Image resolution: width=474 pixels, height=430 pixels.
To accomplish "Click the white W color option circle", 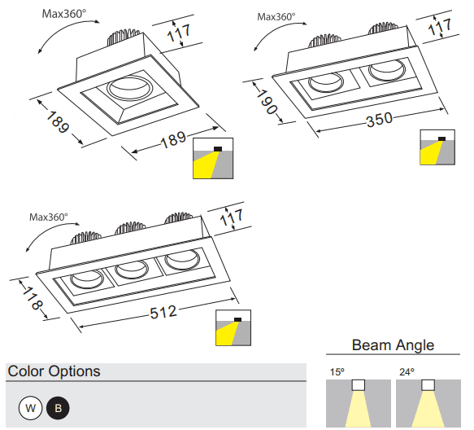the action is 30,408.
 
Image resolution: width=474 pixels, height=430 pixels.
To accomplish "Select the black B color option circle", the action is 58,408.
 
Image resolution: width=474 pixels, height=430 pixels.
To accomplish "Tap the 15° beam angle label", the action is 337,372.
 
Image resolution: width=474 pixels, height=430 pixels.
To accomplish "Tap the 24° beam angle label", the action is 407,372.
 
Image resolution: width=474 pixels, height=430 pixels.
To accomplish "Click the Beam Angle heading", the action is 393,345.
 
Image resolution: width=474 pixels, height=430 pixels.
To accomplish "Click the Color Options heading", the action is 54,371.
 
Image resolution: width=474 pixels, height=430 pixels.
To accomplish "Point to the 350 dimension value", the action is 380,120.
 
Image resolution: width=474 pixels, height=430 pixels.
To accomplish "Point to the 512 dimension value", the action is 163,312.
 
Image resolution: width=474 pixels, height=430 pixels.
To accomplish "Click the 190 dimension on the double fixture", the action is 267,102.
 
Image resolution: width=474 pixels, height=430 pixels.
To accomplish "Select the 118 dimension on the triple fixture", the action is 32,299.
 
